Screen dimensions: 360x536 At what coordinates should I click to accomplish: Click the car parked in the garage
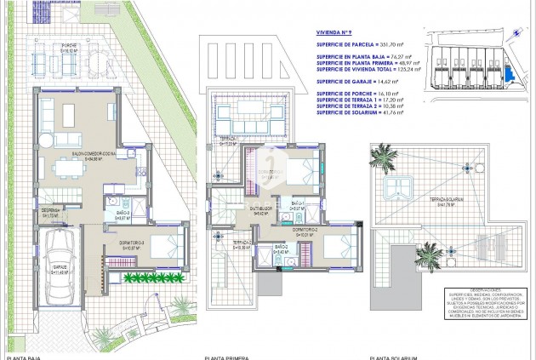[62, 254]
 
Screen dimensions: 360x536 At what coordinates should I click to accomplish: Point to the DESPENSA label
[50, 213]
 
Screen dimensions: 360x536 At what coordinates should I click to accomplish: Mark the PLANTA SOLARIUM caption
[393, 357]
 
